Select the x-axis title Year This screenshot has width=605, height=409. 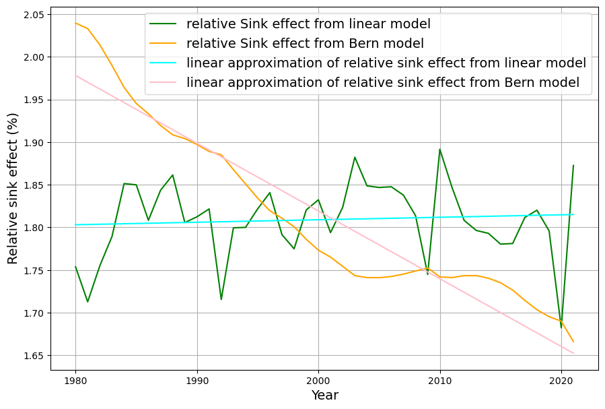pos(324,396)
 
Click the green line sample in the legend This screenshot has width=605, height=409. pos(166,25)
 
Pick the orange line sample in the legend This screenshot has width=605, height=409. pos(166,44)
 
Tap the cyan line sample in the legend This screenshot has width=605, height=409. pos(166,64)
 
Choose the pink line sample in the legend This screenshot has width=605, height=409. pos(166,84)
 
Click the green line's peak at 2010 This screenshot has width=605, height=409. pos(440,150)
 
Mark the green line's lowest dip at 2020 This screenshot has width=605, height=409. pos(561,327)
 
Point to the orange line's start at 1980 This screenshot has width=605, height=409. pos(75,23)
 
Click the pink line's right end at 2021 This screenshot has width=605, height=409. pos(573,353)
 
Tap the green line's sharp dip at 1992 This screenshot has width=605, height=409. pos(221,299)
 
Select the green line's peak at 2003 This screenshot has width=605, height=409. pos(355,158)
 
